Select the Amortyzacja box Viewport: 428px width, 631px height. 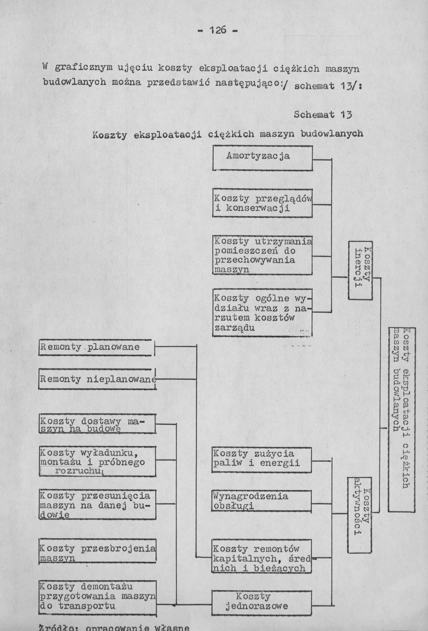(262, 158)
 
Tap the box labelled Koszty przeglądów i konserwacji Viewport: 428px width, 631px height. (262, 203)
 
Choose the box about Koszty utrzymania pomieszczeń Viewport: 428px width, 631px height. (262, 255)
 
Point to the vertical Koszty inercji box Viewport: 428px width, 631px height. (360, 270)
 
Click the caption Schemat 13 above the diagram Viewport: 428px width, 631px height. (323, 115)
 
